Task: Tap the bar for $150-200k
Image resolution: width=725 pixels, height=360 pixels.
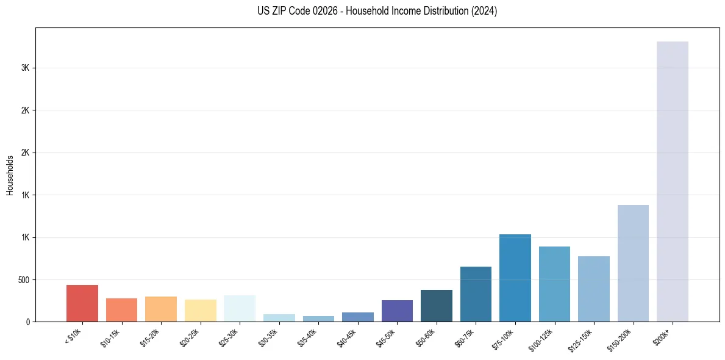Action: [633, 263]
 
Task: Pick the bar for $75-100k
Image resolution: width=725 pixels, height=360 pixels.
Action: [515, 278]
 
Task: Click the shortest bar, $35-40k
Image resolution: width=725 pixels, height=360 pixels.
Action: [318, 319]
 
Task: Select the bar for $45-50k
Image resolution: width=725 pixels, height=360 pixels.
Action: [397, 311]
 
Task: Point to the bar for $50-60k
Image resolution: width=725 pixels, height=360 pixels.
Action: [437, 306]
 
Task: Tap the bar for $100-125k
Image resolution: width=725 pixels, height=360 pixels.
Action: [554, 284]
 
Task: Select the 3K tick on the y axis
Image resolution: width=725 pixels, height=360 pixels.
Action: [25, 68]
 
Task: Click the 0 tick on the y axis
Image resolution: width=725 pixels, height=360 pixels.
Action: [27, 322]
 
